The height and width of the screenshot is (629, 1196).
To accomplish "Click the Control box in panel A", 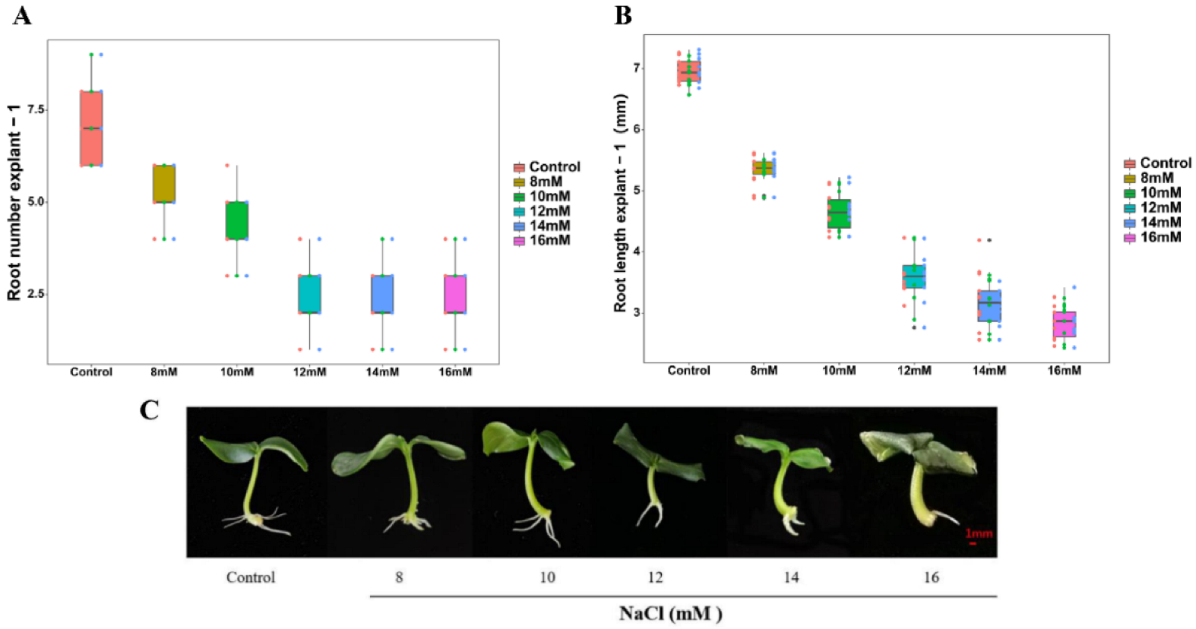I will [x=91, y=128].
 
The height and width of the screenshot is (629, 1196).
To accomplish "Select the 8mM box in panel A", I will [x=164, y=183].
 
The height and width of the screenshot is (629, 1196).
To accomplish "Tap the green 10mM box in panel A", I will [x=237, y=220].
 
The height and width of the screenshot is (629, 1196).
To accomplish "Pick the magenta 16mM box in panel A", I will [x=455, y=294].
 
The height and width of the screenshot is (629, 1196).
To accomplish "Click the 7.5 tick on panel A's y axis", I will [x=36, y=109].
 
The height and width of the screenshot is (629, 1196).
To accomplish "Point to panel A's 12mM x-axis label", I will [x=309, y=371].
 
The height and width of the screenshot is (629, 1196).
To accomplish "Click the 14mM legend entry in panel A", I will [x=546, y=226].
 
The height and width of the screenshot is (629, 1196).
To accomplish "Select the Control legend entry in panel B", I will [x=1157, y=163].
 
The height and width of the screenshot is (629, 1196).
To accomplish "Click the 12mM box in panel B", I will [x=914, y=277].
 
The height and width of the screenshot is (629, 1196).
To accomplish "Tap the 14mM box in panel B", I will [x=989, y=305].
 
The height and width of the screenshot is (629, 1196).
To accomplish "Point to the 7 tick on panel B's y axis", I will [x=637, y=68].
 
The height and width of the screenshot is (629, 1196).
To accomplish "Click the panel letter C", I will [x=150, y=410].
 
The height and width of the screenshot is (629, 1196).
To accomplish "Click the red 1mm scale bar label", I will [x=978, y=533].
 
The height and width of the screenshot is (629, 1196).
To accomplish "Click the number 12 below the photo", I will [x=655, y=577].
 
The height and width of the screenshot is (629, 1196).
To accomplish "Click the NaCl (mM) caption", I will [x=670, y=613].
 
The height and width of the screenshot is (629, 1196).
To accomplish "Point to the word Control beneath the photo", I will [x=250, y=577].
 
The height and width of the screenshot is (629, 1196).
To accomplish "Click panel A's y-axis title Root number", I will [x=14, y=204].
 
